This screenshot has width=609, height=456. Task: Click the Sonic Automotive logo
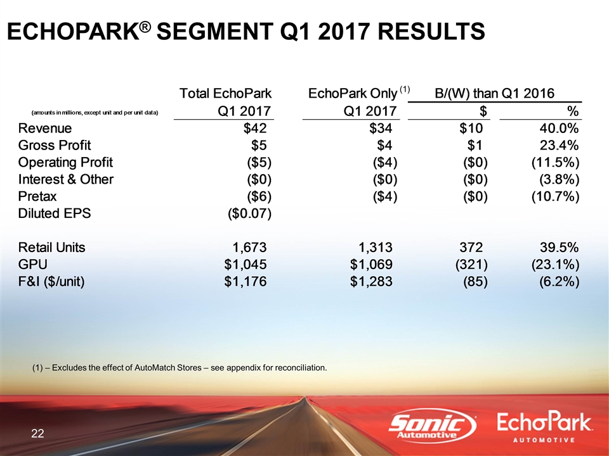pos(432,426)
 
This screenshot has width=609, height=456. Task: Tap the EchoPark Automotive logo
pos(544,427)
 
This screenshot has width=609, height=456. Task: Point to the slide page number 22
pos(37,433)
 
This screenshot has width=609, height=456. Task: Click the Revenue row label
pos(45,129)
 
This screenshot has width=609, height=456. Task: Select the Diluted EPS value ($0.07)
pos(249,213)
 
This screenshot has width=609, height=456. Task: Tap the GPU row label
pos(32,265)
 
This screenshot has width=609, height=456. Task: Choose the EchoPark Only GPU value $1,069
pos(371,265)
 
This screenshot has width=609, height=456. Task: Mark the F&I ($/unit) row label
pos(51,281)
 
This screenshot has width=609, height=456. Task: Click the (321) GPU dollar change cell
pos(471,265)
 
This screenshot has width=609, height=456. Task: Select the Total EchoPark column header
pos(225,94)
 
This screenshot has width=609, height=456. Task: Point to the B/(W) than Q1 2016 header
pos(494,94)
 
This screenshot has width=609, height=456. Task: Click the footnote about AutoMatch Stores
pos(180,367)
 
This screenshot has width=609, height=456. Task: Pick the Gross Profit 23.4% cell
pos(560,146)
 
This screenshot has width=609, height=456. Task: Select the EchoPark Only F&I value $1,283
pos(371,281)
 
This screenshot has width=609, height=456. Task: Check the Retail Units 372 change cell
pos(471,248)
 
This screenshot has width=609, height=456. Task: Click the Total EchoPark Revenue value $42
pos(255,129)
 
